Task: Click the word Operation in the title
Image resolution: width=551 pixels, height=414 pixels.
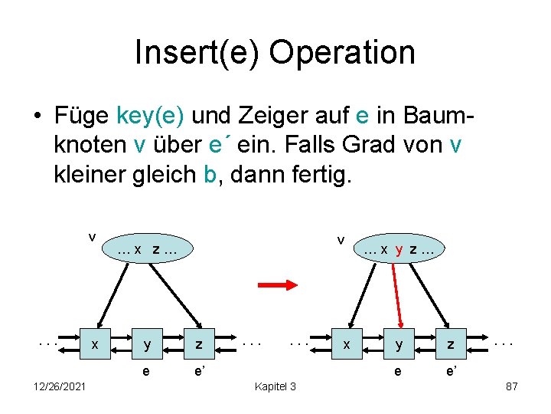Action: pos(342,53)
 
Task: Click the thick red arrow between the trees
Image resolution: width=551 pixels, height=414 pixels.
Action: pos(277,285)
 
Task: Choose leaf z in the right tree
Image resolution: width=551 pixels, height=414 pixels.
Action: pos(450,345)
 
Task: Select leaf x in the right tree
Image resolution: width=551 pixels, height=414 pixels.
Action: pos(346,345)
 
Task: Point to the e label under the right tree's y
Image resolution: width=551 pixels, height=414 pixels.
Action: pos(397,372)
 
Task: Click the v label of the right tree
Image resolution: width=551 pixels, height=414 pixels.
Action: pos(341,240)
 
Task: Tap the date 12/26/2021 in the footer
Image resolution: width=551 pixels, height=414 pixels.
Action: pos(60,386)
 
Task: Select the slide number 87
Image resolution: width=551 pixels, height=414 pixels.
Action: pos(512,386)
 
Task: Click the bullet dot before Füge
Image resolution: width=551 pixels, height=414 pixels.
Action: pos(36,117)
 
